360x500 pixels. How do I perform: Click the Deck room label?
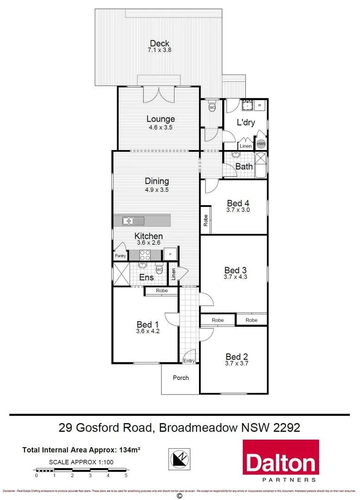pyautogui.click(x=159, y=44)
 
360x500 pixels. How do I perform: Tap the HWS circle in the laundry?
pyautogui.click(x=261, y=144)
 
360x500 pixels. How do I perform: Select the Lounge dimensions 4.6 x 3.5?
pyautogui.click(x=161, y=127)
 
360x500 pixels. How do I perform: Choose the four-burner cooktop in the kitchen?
pyautogui.click(x=144, y=255)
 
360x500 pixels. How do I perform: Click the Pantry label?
pyautogui.click(x=120, y=256)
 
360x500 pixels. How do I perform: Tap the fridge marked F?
pyautogui.click(x=170, y=255)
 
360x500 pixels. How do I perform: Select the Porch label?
pyautogui.click(x=180, y=378)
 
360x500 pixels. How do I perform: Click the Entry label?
pyautogui.click(x=189, y=361)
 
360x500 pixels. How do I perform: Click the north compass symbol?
pyautogui.click(x=179, y=460)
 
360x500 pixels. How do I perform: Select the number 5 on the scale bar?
pyautogui.click(x=126, y=475)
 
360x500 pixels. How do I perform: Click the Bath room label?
pyautogui.click(x=244, y=166)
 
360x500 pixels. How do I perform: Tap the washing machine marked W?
pyautogui.click(x=260, y=106)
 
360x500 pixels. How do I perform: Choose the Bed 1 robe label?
pyautogui.click(x=161, y=291)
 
